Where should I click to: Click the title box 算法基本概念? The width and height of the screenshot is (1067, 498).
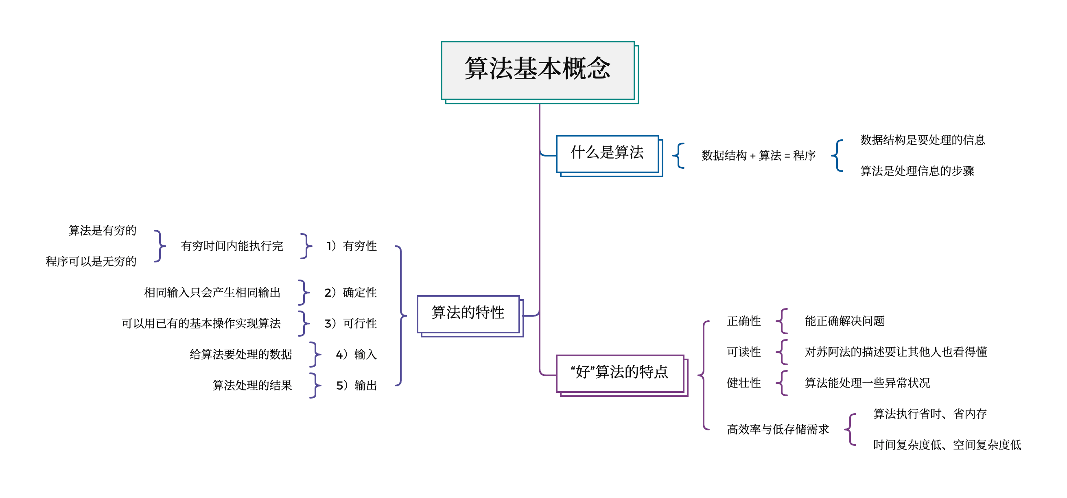(538, 70)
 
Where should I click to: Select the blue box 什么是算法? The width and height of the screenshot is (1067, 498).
(607, 153)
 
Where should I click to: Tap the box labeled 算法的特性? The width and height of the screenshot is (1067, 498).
(468, 313)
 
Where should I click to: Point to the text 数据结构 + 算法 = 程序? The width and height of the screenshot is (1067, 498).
(758, 156)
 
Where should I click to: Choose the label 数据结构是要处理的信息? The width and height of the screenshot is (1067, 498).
(922, 140)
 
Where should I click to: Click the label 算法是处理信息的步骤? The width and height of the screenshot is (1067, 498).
(917, 171)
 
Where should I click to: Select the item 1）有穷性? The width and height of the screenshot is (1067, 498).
(352, 246)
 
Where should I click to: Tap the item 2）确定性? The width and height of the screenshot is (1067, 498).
(350, 293)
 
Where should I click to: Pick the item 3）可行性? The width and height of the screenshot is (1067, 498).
(350, 324)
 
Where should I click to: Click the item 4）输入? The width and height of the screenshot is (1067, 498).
(356, 355)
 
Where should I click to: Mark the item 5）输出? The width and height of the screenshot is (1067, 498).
(356, 386)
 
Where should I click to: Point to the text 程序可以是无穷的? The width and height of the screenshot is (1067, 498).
(91, 262)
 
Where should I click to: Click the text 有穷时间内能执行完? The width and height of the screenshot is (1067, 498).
(232, 246)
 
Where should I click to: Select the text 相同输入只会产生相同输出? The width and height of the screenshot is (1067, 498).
(212, 293)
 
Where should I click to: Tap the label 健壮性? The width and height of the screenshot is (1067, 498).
(743, 383)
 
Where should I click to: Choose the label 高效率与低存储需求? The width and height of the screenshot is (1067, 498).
(778, 430)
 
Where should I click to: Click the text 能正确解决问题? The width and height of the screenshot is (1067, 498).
(844, 322)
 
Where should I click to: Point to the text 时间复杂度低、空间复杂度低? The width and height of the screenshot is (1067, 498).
(947, 445)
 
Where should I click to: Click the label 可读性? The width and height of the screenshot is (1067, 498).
(743, 353)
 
